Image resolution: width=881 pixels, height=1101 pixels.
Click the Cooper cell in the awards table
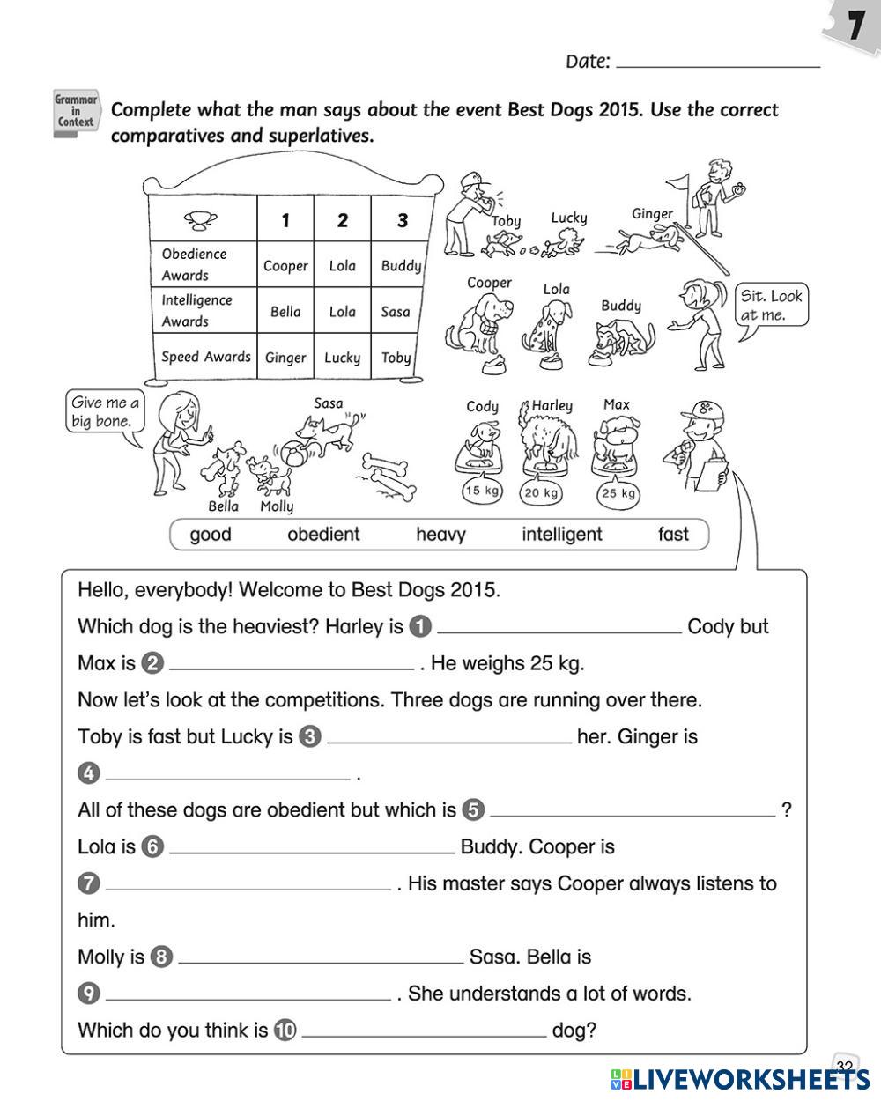click(286, 265)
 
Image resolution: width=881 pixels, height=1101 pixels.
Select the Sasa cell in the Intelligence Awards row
click(396, 311)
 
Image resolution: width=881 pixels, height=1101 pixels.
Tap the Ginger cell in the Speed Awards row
click(285, 358)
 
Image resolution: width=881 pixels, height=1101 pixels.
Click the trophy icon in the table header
click(202, 218)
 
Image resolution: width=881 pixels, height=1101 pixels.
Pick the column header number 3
click(402, 220)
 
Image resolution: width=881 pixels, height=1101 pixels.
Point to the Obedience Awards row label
click(195, 264)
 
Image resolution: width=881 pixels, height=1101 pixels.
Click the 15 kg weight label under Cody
click(482, 491)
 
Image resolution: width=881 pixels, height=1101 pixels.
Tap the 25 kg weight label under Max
click(618, 493)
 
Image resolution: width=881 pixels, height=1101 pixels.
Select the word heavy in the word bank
click(440, 534)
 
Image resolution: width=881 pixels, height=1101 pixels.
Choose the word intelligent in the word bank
click(561, 534)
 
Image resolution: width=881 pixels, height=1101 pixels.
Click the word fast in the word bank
click(673, 534)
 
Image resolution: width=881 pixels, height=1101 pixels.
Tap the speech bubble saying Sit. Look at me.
click(770, 307)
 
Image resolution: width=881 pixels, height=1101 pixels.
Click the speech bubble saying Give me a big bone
click(104, 412)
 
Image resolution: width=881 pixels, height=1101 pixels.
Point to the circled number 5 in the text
click(473, 810)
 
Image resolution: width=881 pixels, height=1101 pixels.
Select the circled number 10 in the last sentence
click(285, 1031)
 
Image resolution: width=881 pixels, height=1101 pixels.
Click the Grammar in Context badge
click(76, 111)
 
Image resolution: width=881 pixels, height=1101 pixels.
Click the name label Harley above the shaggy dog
click(552, 406)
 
